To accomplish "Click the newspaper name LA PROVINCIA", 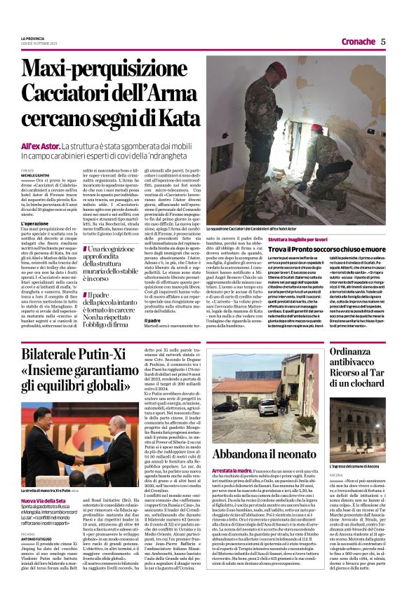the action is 32,38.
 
